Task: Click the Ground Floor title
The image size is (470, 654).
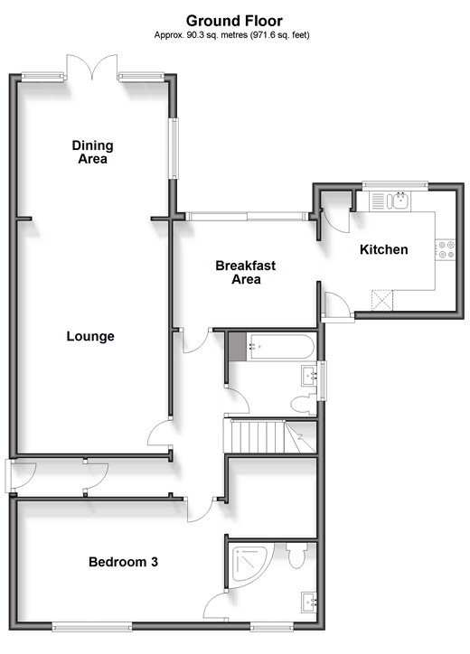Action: coord(234,21)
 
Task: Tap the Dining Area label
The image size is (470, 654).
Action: coord(93,152)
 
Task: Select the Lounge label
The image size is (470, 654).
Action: coord(90,336)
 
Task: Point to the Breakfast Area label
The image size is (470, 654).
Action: coord(246,272)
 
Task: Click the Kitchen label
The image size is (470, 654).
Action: coord(383,249)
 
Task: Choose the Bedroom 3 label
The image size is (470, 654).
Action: coord(123,562)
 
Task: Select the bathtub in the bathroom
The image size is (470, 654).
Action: coord(279,347)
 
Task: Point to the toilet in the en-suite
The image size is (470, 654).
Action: coord(296,556)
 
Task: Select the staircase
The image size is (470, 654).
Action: coord(269,436)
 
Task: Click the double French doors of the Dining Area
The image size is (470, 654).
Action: coord(92,67)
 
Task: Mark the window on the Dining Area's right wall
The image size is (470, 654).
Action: coord(174,148)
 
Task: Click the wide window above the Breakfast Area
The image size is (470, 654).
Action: coord(248,217)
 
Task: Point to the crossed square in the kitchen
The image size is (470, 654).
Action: coord(382,300)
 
